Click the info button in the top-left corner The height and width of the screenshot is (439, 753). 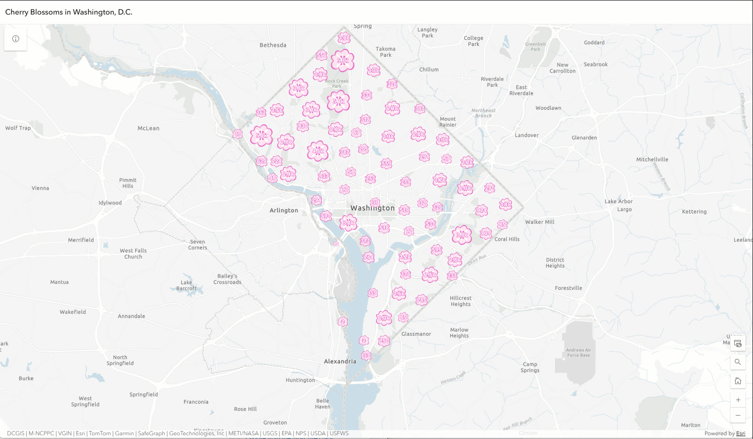click(15, 39)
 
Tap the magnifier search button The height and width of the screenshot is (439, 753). click(738, 362)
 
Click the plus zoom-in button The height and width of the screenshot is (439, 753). click(738, 400)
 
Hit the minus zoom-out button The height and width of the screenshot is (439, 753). click(738, 415)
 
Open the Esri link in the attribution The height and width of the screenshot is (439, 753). click(740, 433)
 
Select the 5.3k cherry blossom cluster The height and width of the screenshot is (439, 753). click(343, 61)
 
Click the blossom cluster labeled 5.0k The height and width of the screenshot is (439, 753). click(261, 136)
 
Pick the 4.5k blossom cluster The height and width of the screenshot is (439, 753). click(318, 151)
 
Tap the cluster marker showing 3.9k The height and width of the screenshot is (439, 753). click(299, 88)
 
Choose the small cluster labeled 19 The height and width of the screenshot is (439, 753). click(238, 134)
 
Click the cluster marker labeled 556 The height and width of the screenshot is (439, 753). click(322, 55)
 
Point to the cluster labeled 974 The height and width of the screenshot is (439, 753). click(482, 211)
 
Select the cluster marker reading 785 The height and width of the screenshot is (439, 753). click(422, 300)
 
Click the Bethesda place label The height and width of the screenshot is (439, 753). click(273, 45)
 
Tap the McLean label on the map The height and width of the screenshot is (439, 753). click(148, 129)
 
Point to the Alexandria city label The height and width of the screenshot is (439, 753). click(340, 362)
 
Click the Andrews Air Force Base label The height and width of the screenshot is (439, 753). click(578, 353)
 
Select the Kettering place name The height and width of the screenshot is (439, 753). click(694, 212)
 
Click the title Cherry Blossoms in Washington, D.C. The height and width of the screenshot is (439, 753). click(69, 12)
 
